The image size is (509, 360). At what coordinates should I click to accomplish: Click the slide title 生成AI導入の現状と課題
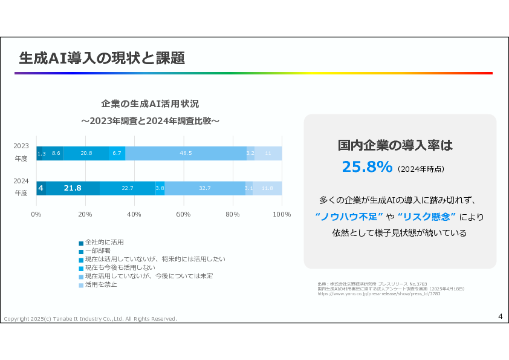tap(102, 59)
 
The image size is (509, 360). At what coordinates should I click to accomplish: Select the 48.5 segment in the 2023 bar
tap(186, 154)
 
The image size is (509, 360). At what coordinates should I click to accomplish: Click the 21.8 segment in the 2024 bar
tap(73, 188)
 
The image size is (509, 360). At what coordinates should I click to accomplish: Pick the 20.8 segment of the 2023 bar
tap(86, 154)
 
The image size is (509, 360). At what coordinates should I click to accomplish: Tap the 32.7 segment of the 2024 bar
tap(204, 188)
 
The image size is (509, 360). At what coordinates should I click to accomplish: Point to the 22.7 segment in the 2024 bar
tap(128, 188)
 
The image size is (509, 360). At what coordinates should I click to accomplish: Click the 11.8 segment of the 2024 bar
tap(267, 188)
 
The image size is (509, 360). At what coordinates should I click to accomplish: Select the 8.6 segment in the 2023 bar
tap(56, 154)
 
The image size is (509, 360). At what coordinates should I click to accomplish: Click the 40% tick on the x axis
tap(134, 215)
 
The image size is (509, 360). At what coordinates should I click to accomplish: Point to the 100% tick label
tap(282, 215)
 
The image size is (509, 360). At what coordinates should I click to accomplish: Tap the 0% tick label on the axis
tap(36, 215)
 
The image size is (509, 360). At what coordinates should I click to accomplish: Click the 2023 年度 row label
tap(21, 151)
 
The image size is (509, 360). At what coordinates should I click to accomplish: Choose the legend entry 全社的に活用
tap(104, 242)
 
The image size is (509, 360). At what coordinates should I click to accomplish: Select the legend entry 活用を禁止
tap(100, 284)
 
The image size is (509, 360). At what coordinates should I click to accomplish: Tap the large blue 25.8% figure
tap(367, 167)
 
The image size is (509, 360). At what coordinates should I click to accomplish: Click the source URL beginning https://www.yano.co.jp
tap(378, 293)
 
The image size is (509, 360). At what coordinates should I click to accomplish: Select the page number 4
tap(500, 316)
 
